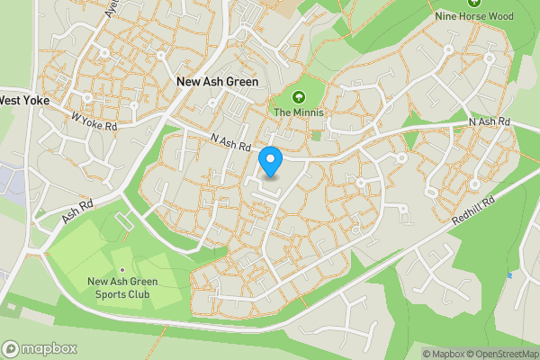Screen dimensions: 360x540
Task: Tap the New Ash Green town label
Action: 217,82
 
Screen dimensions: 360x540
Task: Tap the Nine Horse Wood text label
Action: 473,16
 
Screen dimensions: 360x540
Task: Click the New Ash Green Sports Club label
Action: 122,287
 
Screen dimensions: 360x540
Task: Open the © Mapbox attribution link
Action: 443,354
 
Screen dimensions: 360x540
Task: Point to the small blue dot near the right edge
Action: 509,274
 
